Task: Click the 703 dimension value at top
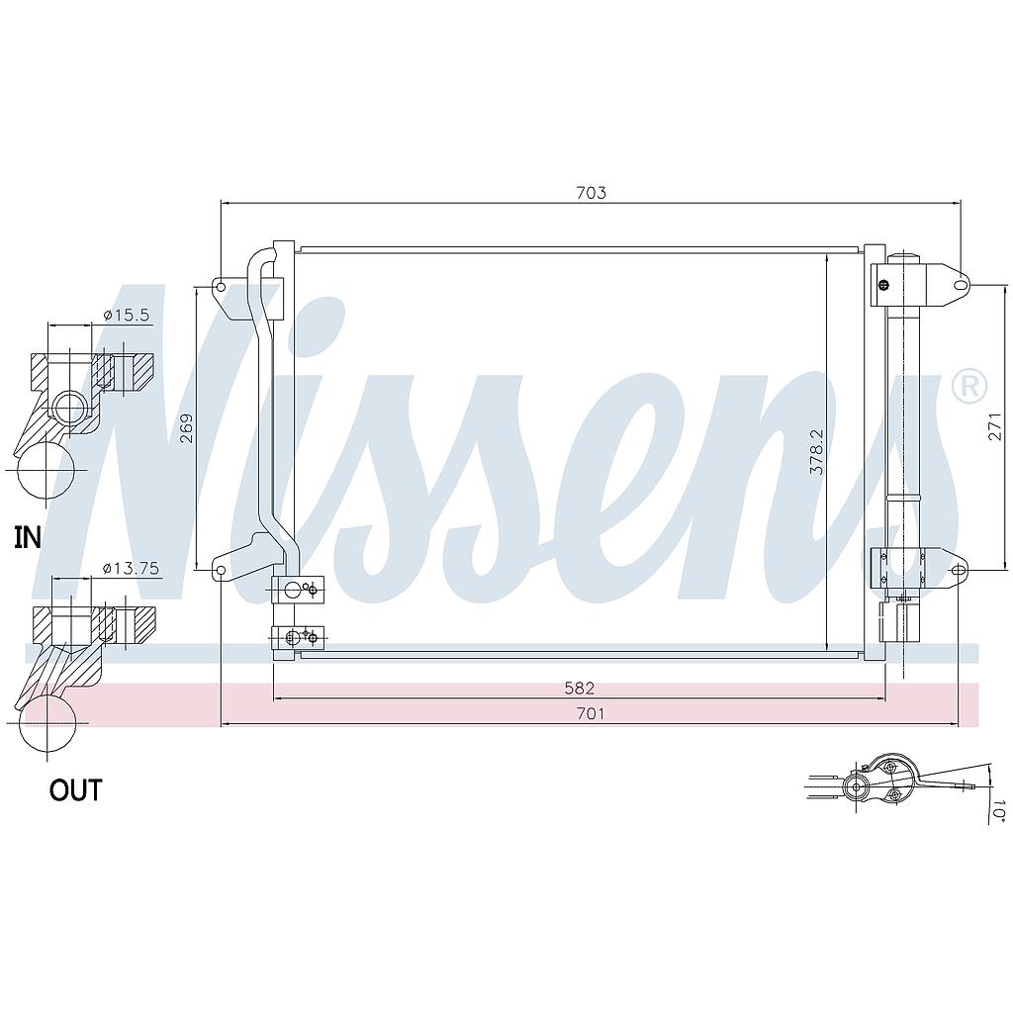pos(590,193)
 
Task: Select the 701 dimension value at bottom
pos(590,713)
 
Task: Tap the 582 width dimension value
pos(579,688)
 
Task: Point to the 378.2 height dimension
pos(816,452)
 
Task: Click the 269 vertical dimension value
pos(187,427)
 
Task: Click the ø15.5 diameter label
pos(126,315)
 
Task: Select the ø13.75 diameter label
pos(131,568)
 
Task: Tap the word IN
pos(28,537)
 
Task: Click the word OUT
pos(75,790)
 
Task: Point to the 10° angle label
pos(997,812)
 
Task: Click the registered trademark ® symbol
pos(968,386)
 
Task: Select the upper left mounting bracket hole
pos(220,288)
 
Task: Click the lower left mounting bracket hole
pos(220,571)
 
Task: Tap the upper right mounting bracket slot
pos(959,285)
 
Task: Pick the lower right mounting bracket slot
pos(958,570)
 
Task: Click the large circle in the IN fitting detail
pos(46,470)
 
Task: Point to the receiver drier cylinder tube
pos(904,415)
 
